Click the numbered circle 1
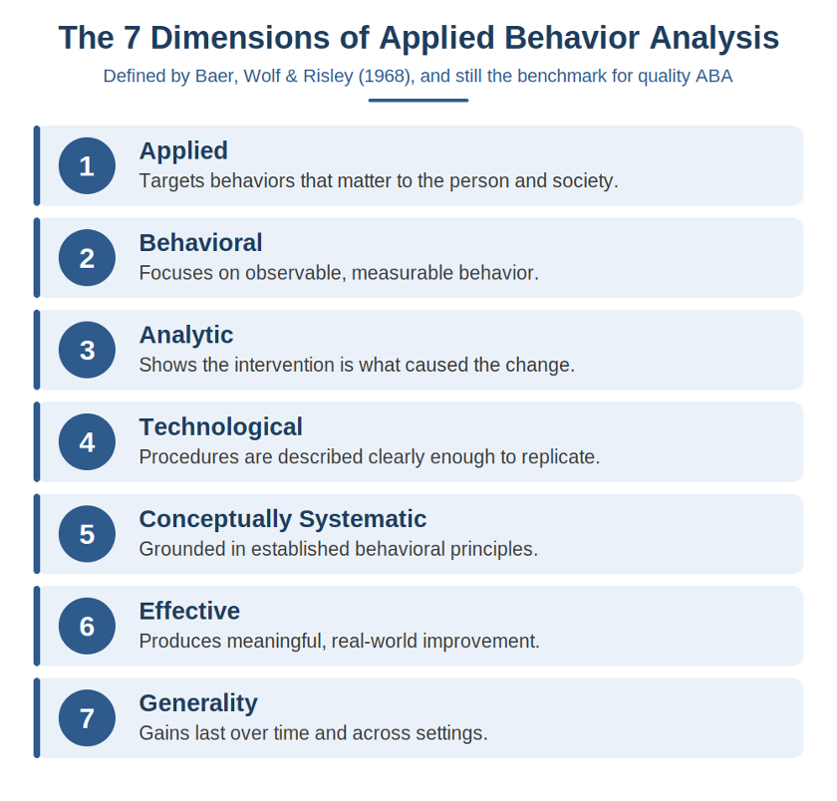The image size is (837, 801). coord(87,165)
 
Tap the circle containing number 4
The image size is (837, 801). coord(87,442)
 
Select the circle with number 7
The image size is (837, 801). coord(87,717)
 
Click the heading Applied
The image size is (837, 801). coord(183,151)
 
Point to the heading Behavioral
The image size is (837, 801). coord(200,243)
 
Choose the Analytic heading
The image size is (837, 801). coord(186,336)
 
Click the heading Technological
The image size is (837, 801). coord(221,427)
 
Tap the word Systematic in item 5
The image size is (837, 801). coord(363,520)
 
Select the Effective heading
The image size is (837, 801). coord(189,611)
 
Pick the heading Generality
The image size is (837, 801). coord(198,704)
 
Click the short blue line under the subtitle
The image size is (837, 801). coord(418,101)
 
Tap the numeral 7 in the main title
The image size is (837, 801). coord(132,38)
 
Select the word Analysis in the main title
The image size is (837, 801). coord(714,39)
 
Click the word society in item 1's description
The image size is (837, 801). coord(585,181)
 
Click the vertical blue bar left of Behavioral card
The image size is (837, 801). coord(37,258)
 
